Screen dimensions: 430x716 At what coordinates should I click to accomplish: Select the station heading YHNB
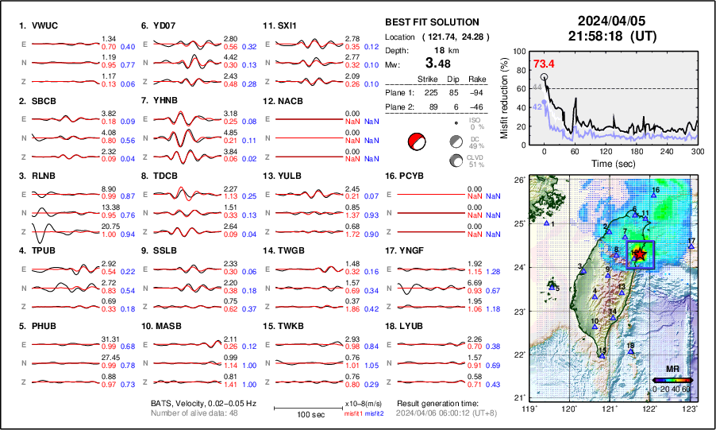click(x=166, y=101)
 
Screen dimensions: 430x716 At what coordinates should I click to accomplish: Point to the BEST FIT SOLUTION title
click(x=432, y=22)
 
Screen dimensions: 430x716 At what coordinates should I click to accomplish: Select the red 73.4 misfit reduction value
click(x=544, y=64)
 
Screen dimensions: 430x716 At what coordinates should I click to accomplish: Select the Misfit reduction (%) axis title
click(x=505, y=95)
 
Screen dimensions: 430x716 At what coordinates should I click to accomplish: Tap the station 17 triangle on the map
click(x=691, y=247)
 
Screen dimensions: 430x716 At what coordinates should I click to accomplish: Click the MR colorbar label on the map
click(x=672, y=370)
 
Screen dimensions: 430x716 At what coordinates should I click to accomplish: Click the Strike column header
click(x=428, y=79)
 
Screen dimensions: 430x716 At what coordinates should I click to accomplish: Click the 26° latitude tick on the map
click(x=518, y=180)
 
